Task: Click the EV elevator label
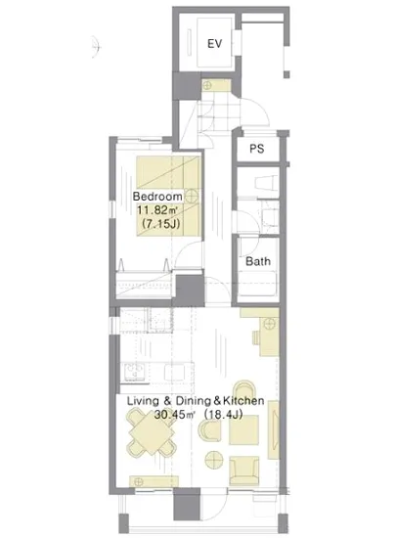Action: coord(215,44)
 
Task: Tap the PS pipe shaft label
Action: coord(257,149)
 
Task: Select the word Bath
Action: coord(258,261)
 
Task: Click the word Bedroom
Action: coord(157,197)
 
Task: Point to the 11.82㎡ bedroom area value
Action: coord(157,209)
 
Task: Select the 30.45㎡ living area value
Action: coord(174,415)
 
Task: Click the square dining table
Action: coord(152,433)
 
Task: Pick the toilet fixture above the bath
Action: coord(266,182)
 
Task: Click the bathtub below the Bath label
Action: coord(258,283)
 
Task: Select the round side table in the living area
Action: coord(214,459)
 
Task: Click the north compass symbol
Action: coord(97,46)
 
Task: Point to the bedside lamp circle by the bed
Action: coord(192,197)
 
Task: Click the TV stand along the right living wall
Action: coord(274,429)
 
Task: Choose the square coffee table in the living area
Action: coord(243,430)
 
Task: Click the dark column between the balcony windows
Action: coord(187,504)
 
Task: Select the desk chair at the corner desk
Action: coord(257,337)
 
